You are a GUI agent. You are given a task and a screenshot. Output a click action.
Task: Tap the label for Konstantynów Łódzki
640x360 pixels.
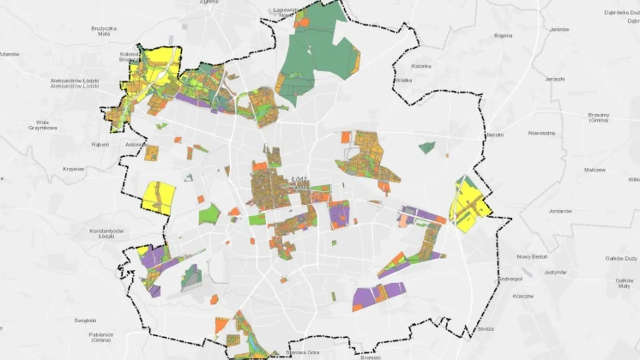pyautogui.click(x=106, y=233)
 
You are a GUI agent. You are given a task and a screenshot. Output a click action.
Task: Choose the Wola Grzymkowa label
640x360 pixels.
pyautogui.click(x=42, y=125)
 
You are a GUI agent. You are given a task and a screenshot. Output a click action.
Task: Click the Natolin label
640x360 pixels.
pyautogui.click(x=495, y=135)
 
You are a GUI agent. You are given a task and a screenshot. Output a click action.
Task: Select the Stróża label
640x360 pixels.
pyautogui.click(x=485, y=329)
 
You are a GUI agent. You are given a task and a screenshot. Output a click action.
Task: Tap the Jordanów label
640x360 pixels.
pyautogui.click(x=560, y=211)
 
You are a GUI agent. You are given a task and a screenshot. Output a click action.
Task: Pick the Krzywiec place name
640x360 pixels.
pyautogui.click(x=74, y=169)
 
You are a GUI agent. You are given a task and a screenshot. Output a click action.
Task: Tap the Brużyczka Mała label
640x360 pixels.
pyautogui.click(x=104, y=31)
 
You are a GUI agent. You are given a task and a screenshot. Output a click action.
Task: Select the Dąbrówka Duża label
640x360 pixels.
pyautogui.click(x=622, y=12)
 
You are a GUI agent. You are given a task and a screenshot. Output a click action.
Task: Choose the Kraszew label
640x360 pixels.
pyautogui.click(x=523, y=296)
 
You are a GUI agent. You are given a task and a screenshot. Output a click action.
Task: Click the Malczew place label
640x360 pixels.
pyautogui.click(x=594, y=170)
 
